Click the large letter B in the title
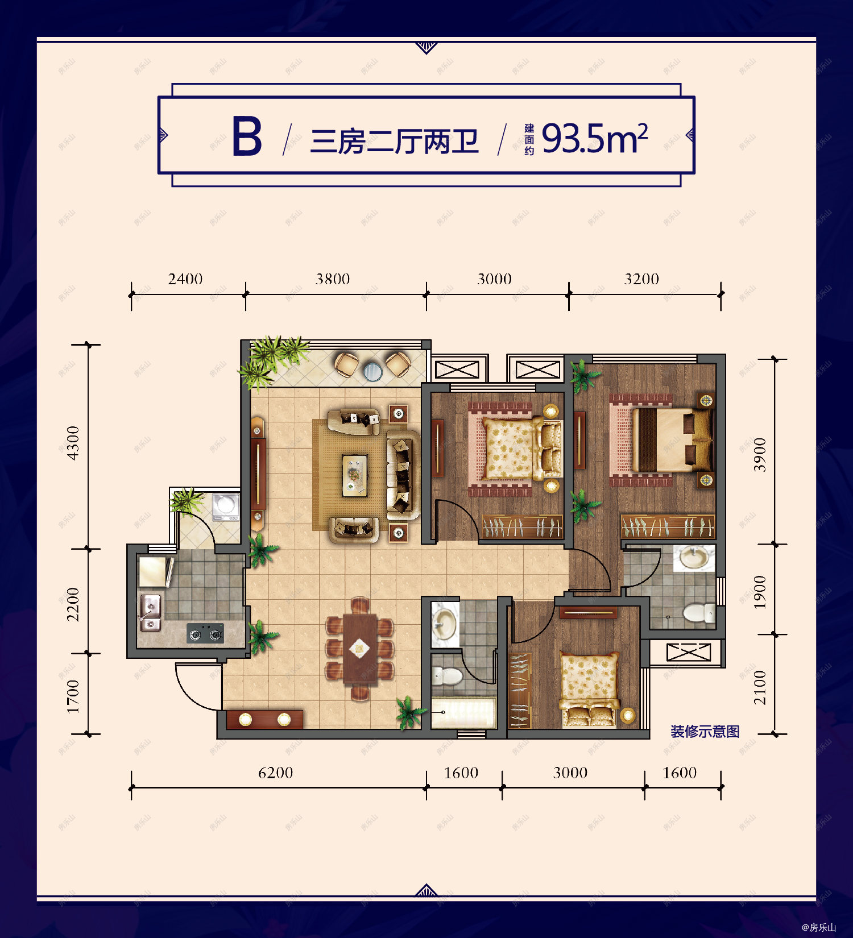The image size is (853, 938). point(247,136)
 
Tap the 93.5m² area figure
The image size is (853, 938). point(594,139)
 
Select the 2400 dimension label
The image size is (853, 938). point(185,279)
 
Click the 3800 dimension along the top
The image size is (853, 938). point(333,279)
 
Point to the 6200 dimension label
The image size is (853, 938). point(275,773)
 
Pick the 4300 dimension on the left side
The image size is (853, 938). point(73,443)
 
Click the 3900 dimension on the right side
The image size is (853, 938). point(760,455)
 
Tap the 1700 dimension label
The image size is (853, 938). point(73,696)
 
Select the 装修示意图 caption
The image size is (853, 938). point(705,732)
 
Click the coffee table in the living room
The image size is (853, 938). point(355,474)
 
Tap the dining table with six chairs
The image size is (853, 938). point(359,649)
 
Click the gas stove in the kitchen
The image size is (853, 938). point(205,633)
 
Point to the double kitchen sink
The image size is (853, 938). point(150,613)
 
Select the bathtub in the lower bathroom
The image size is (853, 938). point(463,712)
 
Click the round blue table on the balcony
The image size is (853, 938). point(372,371)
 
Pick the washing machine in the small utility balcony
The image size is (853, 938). point(226,505)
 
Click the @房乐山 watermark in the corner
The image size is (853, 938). point(818,927)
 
